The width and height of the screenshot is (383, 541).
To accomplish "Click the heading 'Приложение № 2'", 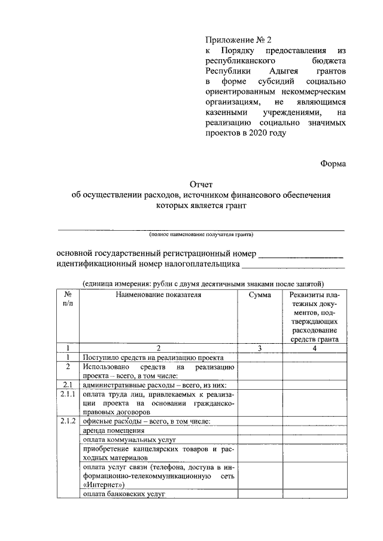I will coord(238,40).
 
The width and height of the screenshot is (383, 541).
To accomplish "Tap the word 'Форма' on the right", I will coord(333,163).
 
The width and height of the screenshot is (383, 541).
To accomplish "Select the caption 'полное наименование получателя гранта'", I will coord(201,234).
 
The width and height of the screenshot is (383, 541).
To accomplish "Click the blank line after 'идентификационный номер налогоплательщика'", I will coord(293,264).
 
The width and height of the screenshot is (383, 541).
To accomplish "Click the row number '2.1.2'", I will coord(68,422).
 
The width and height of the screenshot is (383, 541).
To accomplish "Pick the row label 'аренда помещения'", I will coord(113,431).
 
